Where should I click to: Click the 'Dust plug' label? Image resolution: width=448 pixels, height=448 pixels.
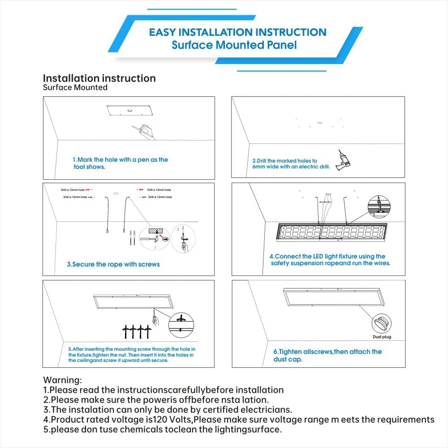point(382,337)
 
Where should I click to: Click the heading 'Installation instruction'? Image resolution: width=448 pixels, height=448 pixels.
point(99,78)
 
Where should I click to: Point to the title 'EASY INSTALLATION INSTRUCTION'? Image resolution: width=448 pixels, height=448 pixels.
point(237,32)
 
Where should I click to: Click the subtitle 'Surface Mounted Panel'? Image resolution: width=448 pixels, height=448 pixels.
point(234,45)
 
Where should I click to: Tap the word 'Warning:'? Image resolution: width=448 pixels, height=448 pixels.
point(62,381)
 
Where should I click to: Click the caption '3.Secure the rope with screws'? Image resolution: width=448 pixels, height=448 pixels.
point(113,264)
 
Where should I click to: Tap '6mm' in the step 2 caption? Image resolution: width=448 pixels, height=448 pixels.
point(258,167)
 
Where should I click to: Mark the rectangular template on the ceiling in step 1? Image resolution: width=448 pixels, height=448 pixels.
point(129,110)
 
